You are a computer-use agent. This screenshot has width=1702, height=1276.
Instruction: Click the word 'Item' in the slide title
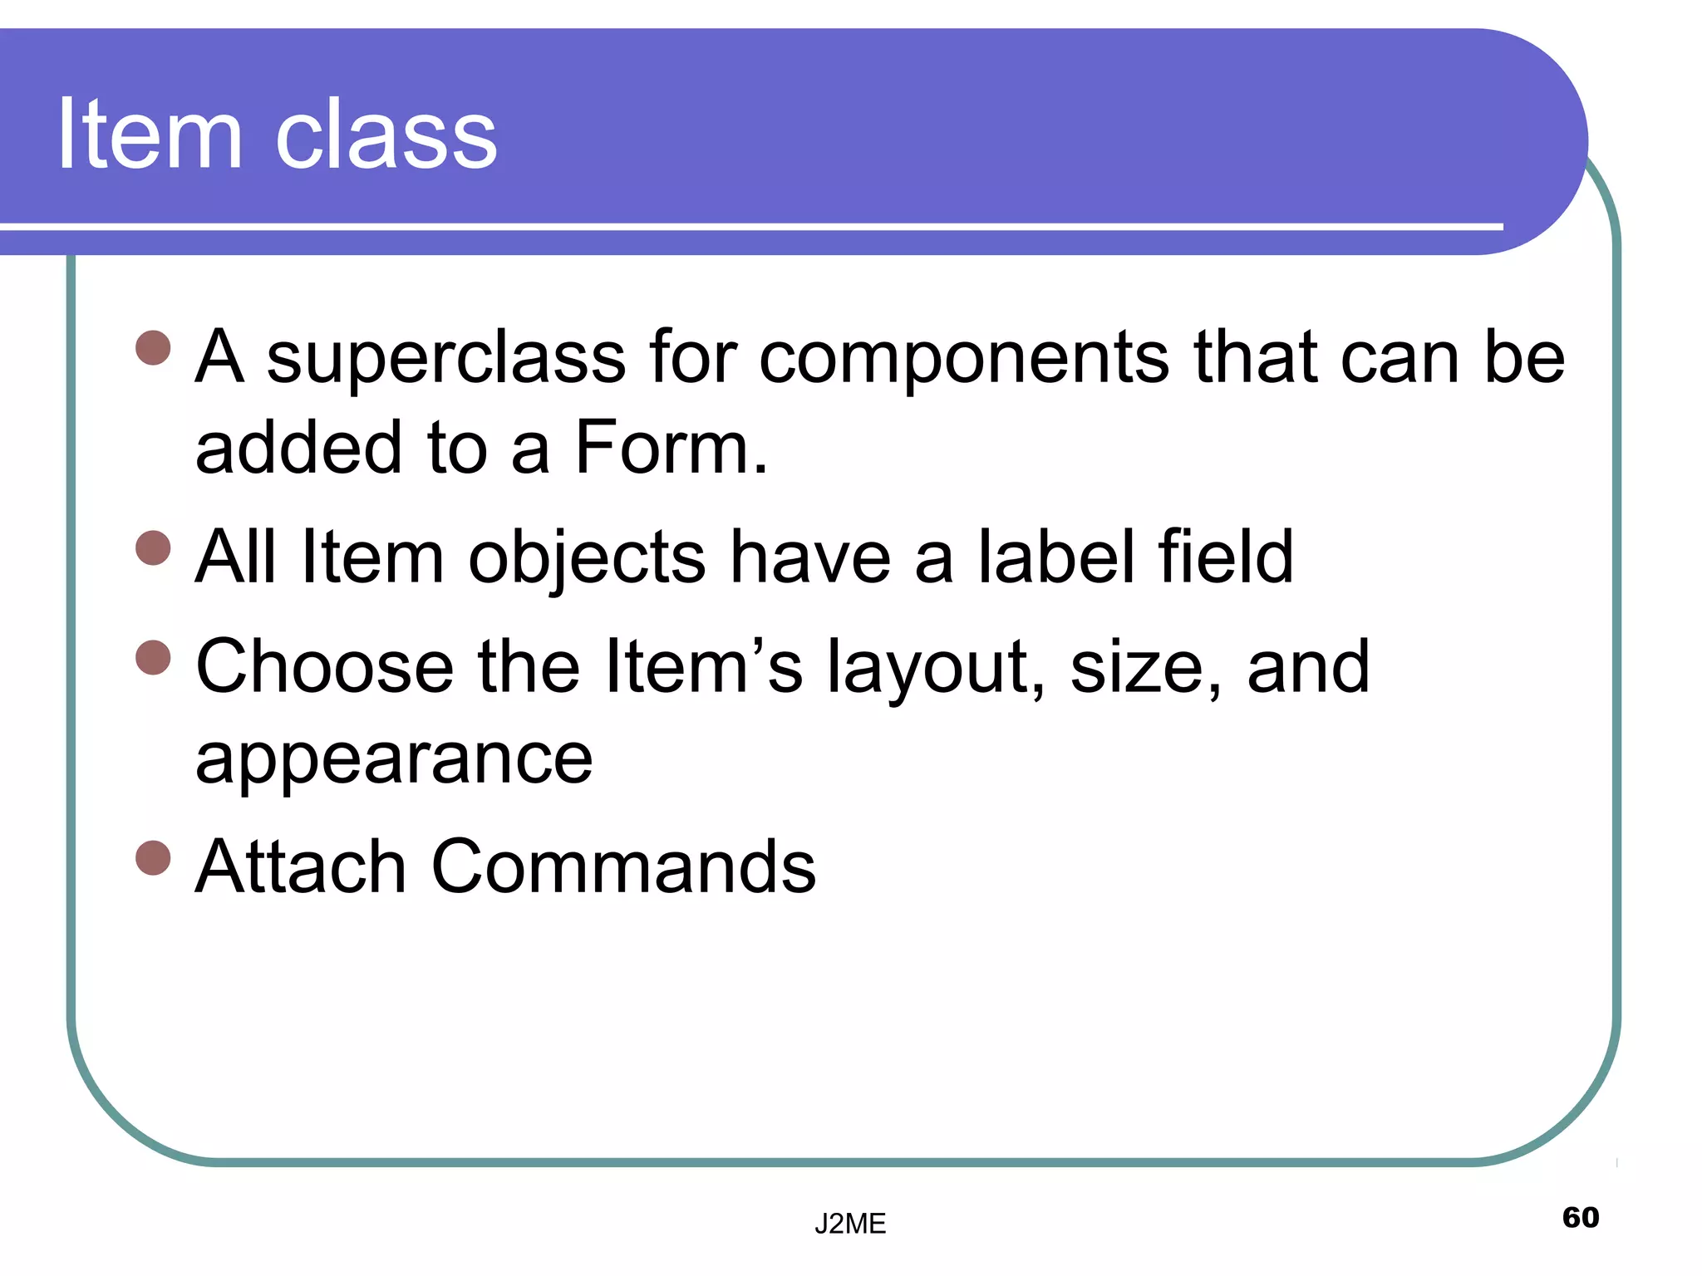[x=150, y=134]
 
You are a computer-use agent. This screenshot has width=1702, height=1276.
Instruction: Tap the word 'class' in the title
[x=386, y=134]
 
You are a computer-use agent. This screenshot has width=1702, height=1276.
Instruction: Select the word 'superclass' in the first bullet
[x=445, y=358]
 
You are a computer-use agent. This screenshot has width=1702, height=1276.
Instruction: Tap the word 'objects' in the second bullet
[x=587, y=558]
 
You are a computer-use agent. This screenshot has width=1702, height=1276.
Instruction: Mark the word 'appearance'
[x=394, y=760]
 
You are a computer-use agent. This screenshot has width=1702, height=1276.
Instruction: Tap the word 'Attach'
[x=300, y=866]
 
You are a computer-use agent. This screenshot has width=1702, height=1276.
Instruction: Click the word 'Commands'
[x=623, y=866]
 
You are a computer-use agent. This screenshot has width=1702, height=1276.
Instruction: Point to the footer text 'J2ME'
[x=850, y=1224]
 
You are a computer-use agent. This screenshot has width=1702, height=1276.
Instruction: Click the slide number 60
[x=1581, y=1217]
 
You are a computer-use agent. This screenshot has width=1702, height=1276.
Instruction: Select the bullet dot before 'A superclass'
[x=153, y=348]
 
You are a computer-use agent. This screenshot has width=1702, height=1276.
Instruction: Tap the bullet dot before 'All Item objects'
[x=153, y=547]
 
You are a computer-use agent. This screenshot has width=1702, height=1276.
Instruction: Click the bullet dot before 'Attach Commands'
[x=153, y=858]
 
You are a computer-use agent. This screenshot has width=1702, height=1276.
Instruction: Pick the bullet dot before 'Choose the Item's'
[x=153, y=658]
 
